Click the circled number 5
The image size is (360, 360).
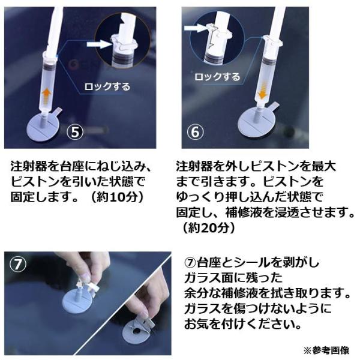click(75, 132)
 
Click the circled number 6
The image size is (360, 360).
click(195, 132)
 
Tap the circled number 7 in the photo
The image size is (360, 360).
click(18, 264)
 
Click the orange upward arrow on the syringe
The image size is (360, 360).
click(47, 95)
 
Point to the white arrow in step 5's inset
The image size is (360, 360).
click(99, 44)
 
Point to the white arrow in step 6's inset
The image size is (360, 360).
click(194, 28)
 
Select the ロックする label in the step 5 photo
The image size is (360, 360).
click(107, 86)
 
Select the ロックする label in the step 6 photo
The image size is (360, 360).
click(217, 76)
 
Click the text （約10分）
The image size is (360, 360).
click(117, 197)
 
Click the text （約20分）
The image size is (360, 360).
click(209, 227)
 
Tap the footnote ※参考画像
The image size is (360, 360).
click(326, 350)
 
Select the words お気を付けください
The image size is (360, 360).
click(242, 324)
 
